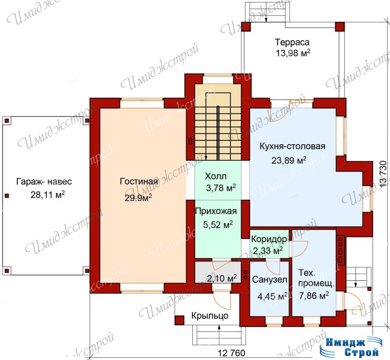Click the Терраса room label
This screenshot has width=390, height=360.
(x=292, y=42)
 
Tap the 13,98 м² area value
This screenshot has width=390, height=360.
(x=293, y=53)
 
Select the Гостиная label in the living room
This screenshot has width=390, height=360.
(x=139, y=181)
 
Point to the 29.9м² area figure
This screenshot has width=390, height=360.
(x=138, y=198)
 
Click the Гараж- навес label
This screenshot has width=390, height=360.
(x=44, y=182)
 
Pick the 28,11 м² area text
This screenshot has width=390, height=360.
(x=48, y=195)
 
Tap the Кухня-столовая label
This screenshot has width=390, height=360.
(x=292, y=146)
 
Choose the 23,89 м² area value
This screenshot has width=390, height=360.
(x=289, y=160)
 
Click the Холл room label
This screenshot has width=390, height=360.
(x=216, y=176)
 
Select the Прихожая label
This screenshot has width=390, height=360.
(x=216, y=211)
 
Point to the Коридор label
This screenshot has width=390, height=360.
(x=269, y=239)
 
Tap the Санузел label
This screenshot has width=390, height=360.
(x=270, y=280)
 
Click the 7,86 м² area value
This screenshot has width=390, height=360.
(x=314, y=295)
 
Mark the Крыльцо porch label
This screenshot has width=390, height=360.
(x=210, y=316)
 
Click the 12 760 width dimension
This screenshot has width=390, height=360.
(x=231, y=353)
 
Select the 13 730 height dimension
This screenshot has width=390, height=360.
(x=384, y=174)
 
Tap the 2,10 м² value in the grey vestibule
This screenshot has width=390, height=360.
(x=222, y=278)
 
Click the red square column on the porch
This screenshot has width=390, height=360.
(x=179, y=320)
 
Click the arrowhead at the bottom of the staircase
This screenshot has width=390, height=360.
(x=206, y=158)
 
